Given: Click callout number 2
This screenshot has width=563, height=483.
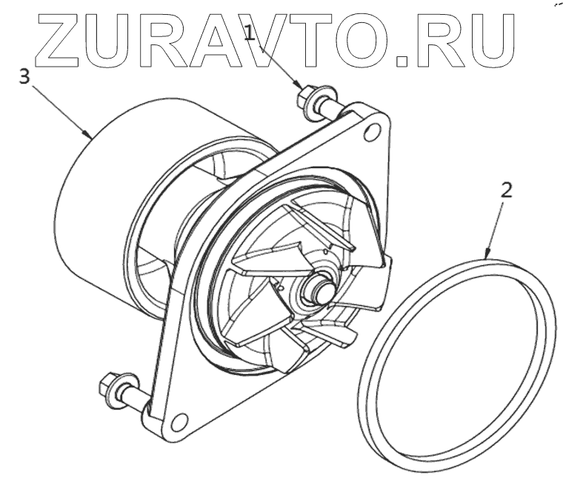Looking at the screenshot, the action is [506, 189].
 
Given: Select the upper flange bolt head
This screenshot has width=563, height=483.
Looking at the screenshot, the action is [305, 97].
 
